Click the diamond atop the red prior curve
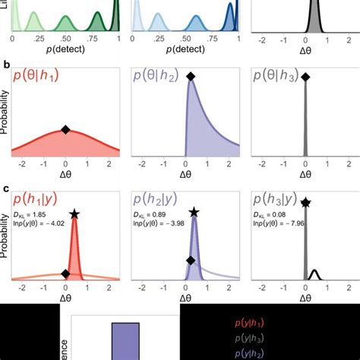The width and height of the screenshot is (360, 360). point(65,130)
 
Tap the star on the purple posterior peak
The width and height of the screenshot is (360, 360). point(194,213)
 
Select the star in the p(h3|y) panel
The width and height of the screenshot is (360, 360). point(305,202)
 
